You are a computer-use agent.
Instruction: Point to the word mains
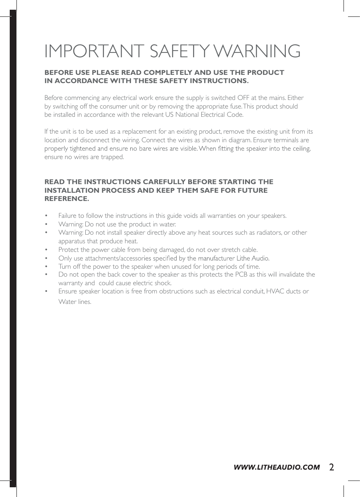pos(277,98)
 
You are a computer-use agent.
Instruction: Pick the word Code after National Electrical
pos(235,115)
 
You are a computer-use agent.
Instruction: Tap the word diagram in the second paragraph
pos(239,140)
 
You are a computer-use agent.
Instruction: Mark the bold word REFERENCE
pos(67,199)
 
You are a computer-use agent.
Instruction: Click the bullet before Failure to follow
pos(46,216)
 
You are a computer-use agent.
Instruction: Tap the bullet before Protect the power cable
pos(46,250)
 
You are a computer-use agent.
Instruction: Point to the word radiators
pos(269,233)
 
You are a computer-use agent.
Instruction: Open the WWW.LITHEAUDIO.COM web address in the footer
pos(277,467)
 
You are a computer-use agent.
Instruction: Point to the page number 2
pos(332,467)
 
